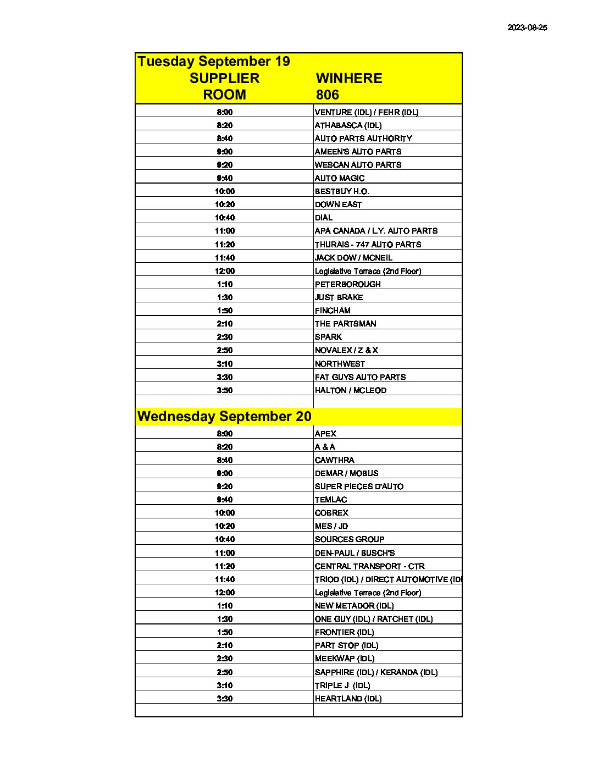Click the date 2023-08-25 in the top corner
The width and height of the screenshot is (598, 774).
click(x=527, y=27)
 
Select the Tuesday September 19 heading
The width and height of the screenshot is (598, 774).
click(x=214, y=62)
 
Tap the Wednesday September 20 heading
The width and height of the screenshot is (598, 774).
click(x=224, y=417)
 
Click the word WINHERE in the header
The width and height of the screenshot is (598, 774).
click(x=349, y=78)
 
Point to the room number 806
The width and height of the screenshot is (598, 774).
click(x=328, y=95)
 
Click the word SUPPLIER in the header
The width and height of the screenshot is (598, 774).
click(x=224, y=78)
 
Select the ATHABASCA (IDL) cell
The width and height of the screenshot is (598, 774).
click(x=348, y=125)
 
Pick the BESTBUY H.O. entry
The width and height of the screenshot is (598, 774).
click(x=342, y=191)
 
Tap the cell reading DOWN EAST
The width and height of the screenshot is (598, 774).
click(x=338, y=204)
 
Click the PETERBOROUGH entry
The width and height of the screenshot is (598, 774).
click(x=347, y=284)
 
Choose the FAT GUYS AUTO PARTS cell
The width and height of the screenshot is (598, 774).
click(x=360, y=377)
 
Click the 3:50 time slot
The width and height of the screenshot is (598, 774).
click(x=224, y=390)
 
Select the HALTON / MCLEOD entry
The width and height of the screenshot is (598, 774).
click(x=350, y=390)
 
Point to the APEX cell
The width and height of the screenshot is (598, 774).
click(x=325, y=434)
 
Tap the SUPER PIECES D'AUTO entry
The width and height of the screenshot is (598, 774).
click(x=359, y=486)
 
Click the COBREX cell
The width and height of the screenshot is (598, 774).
click(x=331, y=513)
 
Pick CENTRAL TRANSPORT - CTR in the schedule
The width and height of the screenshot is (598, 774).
click(x=369, y=566)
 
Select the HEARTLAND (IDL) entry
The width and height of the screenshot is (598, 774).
click(x=348, y=699)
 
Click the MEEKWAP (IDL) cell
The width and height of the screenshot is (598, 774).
click(x=345, y=659)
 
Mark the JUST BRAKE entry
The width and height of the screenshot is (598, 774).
click(x=339, y=297)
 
